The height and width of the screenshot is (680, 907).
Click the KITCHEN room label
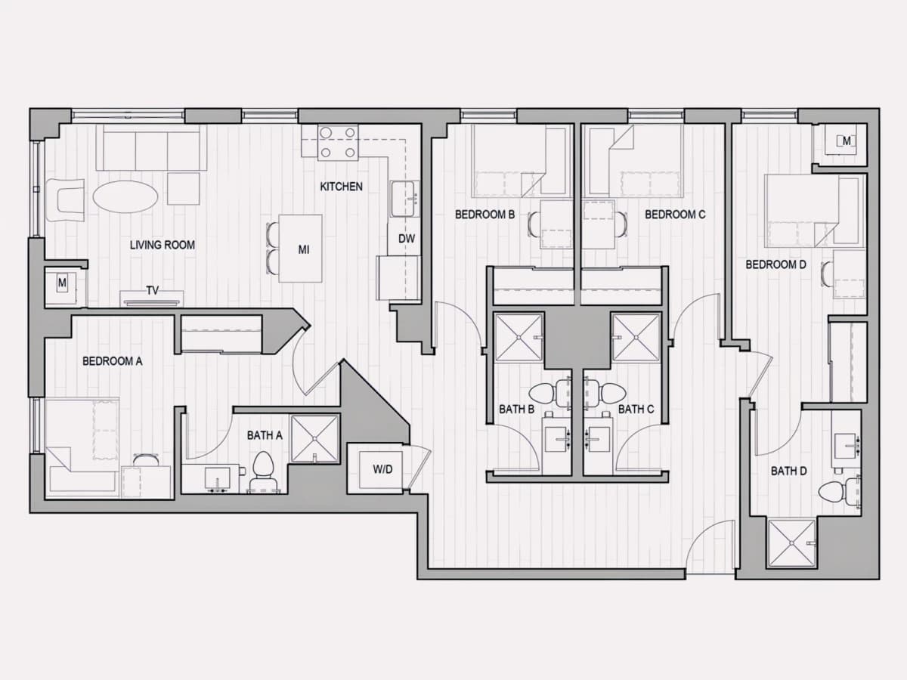(342, 187)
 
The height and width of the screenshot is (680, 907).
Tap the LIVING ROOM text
(163, 245)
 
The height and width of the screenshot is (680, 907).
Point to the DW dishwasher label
(406, 239)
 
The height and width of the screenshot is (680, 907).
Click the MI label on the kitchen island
(304, 250)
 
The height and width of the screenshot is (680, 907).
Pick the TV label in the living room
(153, 291)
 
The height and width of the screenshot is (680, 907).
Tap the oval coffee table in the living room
(125, 196)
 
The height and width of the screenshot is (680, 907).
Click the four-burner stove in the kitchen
(338, 143)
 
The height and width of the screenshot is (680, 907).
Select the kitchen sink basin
(404, 199)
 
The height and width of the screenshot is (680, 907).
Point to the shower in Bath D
(791, 543)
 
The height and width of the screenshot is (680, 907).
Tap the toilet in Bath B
(549, 393)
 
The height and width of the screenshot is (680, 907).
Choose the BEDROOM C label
(675, 215)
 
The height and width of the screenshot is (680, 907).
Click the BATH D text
(789, 471)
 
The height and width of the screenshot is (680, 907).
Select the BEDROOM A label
(113, 361)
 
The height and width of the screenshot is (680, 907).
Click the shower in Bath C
(636, 338)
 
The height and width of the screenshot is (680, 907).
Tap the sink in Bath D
(846, 447)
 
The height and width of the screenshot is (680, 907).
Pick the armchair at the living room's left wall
(65, 200)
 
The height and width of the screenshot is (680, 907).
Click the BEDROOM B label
(485, 215)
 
